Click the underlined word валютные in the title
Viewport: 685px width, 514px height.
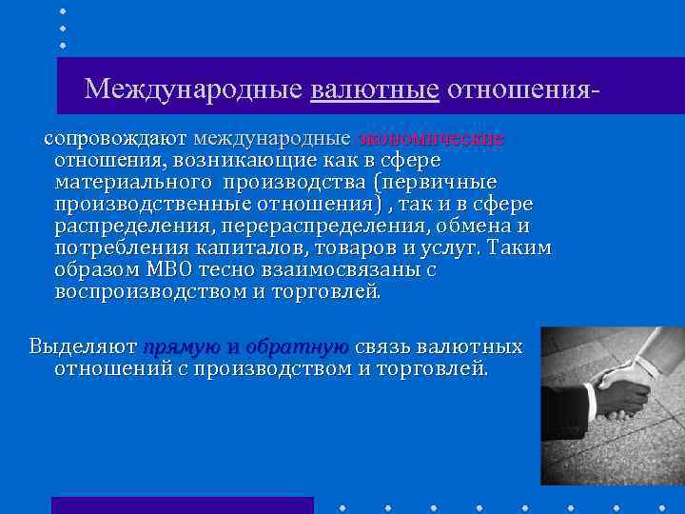tap(374, 89)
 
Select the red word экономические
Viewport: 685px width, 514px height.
tap(431, 139)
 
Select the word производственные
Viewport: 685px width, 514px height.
tap(153, 204)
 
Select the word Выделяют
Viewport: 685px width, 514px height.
tap(81, 346)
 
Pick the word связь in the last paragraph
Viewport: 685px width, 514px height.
tap(383, 346)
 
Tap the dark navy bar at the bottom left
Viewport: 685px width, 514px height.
tap(182, 504)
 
